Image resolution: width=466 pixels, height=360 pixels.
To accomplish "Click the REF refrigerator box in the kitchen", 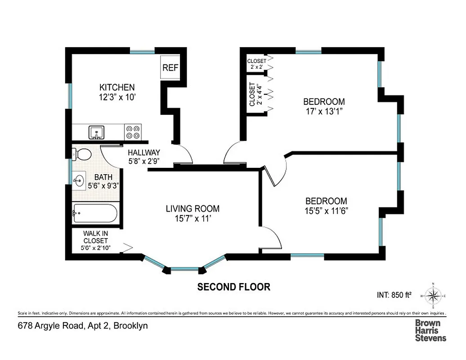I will (x=170, y=67).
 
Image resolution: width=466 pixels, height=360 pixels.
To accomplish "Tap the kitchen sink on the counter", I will (x=96, y=132).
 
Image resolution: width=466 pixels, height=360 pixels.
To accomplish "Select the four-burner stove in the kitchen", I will (x=133, y=132).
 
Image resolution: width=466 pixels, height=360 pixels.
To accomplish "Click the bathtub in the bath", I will (x=95, y=213).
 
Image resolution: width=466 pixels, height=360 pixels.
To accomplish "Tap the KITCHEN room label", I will (x=117, y=87).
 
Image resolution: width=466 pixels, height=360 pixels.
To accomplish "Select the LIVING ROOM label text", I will (x=193, y=209).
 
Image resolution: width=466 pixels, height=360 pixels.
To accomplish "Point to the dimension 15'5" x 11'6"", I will (x=326, y=210).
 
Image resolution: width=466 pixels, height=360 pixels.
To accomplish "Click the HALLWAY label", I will (x=143, y=153).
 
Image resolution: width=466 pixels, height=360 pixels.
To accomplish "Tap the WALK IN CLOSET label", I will (x=95, y=237).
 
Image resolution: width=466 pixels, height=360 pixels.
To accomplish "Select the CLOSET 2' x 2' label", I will (x=256, y=64).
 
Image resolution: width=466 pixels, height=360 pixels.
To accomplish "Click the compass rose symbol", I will (x=433, y=296).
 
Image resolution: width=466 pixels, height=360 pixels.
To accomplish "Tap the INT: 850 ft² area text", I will (x=394, y=296).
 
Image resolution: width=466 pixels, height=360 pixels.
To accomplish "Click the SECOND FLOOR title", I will (x=234, y=287).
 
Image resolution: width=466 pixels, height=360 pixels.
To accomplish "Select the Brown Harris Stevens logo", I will (x=430, y=330).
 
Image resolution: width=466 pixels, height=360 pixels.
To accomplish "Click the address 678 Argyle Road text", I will (x=83, y=325).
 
